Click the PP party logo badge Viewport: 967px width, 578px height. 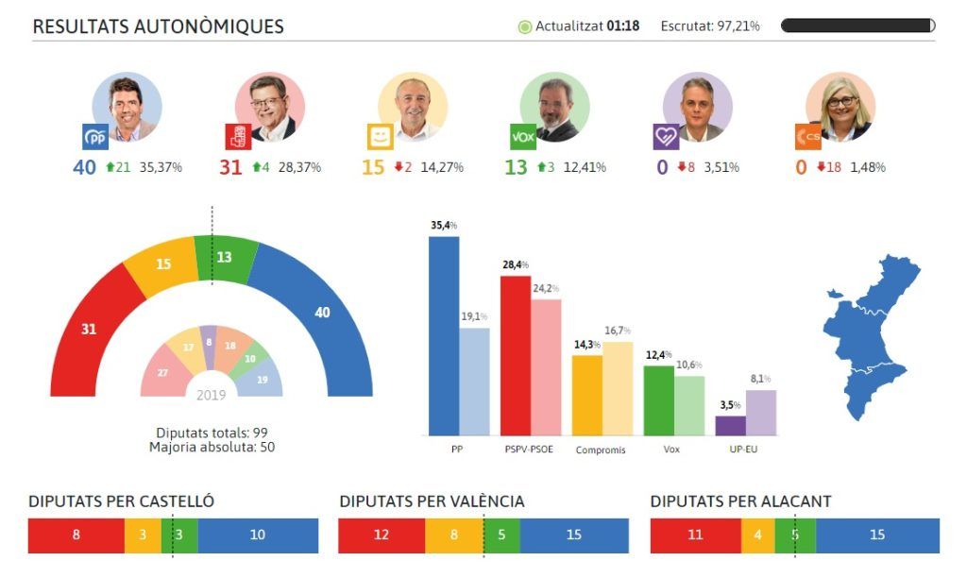pos(95,138)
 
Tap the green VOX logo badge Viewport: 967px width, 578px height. pos(522,137)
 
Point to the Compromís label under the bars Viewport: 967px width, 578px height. pos(601,450)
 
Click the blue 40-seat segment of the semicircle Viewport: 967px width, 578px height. pos(316,312)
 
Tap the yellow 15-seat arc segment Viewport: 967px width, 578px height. pos(162,266)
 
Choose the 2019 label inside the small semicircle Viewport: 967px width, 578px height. pos(212,395)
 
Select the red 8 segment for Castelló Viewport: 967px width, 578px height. pos(76,535)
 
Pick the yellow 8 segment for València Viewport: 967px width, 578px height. pos(453,535)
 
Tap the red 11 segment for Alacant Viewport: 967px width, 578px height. pos(695,535)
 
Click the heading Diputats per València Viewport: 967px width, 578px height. pos(432,501)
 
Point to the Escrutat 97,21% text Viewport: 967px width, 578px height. pos(710,26)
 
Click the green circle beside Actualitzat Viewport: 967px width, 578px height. pos(525,26)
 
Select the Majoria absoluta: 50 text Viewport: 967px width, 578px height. pos(212,447)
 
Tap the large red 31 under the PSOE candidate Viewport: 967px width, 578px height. pos(231,167)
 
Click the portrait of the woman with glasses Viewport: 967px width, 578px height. pos(840,106)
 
